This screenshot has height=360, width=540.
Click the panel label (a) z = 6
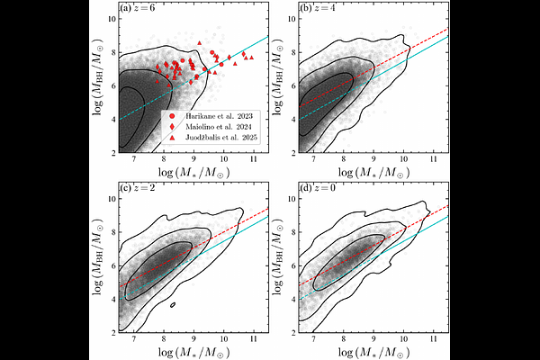pos(135,11)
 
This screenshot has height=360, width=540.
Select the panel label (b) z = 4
pos(315,11)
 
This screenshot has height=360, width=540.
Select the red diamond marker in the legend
pos(172,128)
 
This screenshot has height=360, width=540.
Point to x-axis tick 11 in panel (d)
pos(432,341)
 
